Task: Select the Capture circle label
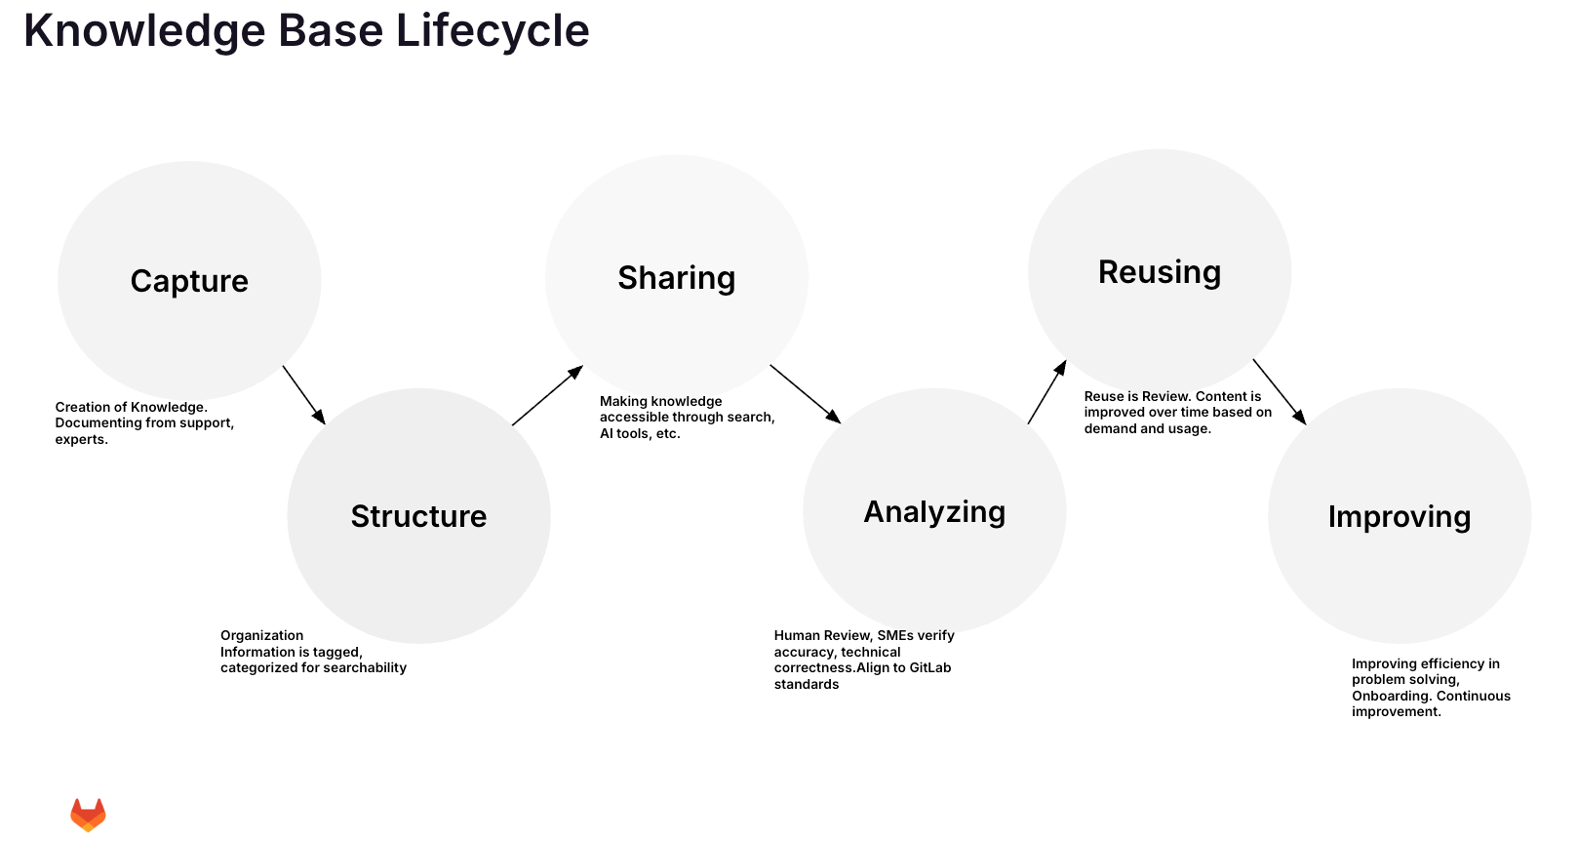189,281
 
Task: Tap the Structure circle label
418,516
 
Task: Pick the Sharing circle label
676,278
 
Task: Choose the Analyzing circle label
934,512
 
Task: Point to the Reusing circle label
1159,272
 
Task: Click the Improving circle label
1399,517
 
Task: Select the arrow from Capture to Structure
303,395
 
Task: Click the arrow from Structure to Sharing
547,396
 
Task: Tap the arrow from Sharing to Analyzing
805,394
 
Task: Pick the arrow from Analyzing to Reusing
1046,392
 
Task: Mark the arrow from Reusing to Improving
1279,391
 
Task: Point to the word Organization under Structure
261,636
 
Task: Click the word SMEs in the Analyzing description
894,636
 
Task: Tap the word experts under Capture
80,440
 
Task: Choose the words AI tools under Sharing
625,434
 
